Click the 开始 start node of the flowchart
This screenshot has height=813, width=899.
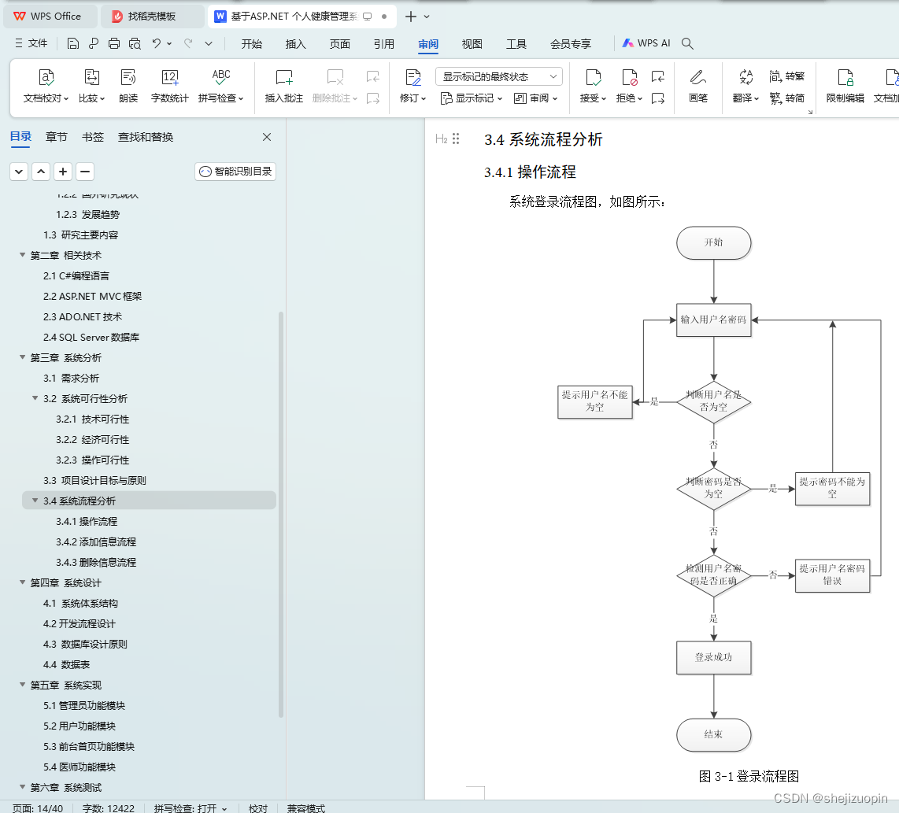coord(713,242)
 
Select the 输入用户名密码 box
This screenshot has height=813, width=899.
coord(713,320)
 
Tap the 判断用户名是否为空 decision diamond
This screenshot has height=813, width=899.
coord(713,401)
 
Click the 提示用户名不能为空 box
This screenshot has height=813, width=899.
coord(594,401)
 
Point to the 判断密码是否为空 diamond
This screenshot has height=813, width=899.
coord(713,488)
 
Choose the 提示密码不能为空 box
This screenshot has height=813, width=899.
coord(832,488)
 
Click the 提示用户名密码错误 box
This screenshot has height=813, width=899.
coord(832,575)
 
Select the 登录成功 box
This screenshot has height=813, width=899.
coord(713,657)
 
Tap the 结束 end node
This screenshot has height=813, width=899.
coord(713,734)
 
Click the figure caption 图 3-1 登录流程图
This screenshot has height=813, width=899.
coord(749,777)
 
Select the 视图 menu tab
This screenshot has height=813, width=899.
coord(472,44)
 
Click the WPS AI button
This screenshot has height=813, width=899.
coord(646,44)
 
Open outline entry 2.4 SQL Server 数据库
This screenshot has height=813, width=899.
coord(91,338)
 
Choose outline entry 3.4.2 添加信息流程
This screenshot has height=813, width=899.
coord(96,542)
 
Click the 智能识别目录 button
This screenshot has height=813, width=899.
coord(235,172)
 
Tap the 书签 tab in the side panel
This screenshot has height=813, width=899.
coord(93,137)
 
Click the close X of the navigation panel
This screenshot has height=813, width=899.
coord(267,137)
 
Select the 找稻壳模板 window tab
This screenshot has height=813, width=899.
coord(151,17)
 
